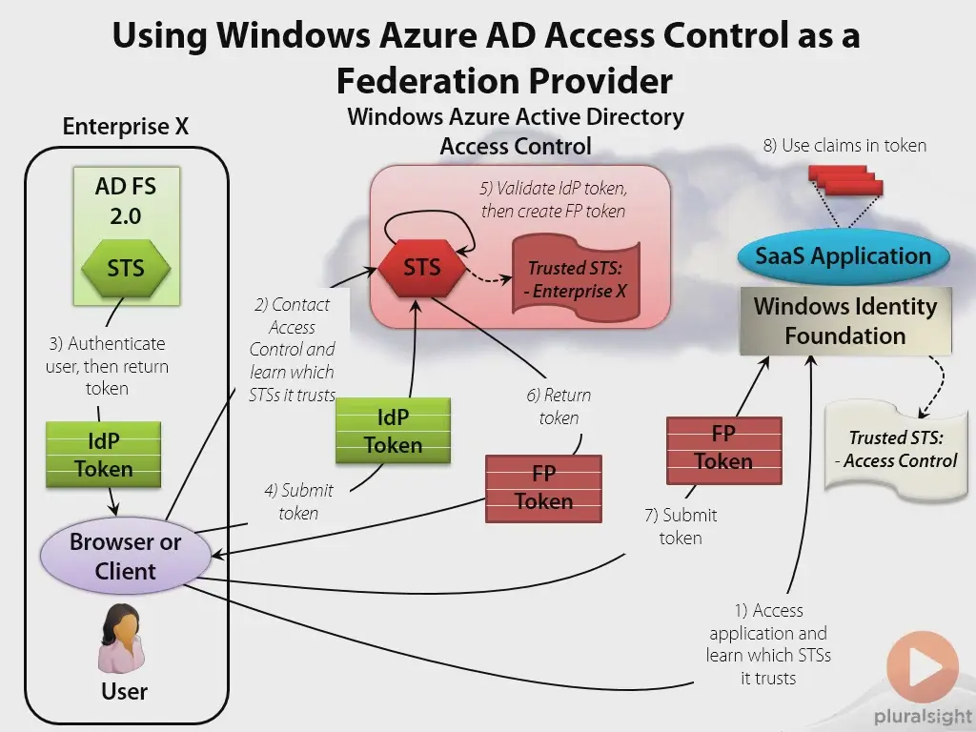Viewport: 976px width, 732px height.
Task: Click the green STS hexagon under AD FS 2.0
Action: (126, 268)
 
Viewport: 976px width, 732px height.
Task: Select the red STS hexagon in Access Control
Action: (422, 268)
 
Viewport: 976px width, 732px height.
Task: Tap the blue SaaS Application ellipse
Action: (844, 255)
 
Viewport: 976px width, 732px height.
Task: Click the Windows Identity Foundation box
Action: (845, 321)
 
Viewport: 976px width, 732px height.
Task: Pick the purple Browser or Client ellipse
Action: (125, 556)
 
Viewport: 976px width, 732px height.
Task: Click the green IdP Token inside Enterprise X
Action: (103, 455)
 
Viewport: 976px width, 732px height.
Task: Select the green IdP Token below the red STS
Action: (393, 431)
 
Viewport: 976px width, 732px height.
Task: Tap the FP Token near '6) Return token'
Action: (543, 488)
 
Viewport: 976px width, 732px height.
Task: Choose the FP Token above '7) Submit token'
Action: (724, 450)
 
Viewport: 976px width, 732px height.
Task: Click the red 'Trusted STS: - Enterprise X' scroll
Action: (576, 278)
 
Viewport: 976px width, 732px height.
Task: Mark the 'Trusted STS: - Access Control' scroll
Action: (896, 450)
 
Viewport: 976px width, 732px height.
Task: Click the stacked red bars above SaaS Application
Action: (845, 180)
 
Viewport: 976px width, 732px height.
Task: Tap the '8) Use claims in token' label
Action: (844, 146)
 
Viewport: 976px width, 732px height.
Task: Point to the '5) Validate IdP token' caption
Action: (554, 199)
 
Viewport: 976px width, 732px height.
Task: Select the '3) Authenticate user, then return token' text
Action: (107, 366)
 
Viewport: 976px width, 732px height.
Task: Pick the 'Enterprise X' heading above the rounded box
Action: (125, 127)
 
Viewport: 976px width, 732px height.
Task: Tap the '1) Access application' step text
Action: (769, 643)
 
